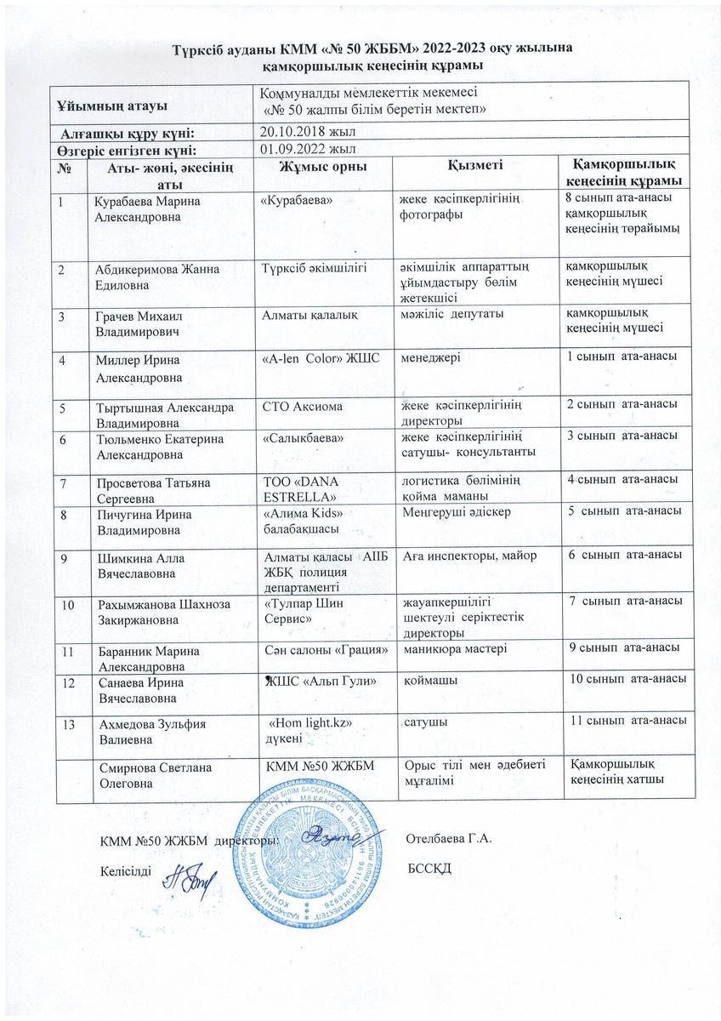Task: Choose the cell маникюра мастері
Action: [x=455, y=650]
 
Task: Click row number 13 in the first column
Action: [x=67, y=723]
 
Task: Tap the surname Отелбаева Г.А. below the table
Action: [x=451, y=840]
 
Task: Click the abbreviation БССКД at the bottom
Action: [x=428, y=867]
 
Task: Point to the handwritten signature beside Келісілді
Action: [x=189, y=874]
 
